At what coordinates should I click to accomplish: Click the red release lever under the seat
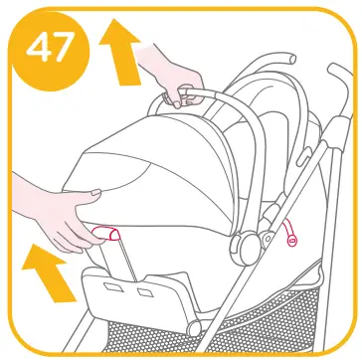(106, 235)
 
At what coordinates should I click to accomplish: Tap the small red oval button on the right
(292, 240)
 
